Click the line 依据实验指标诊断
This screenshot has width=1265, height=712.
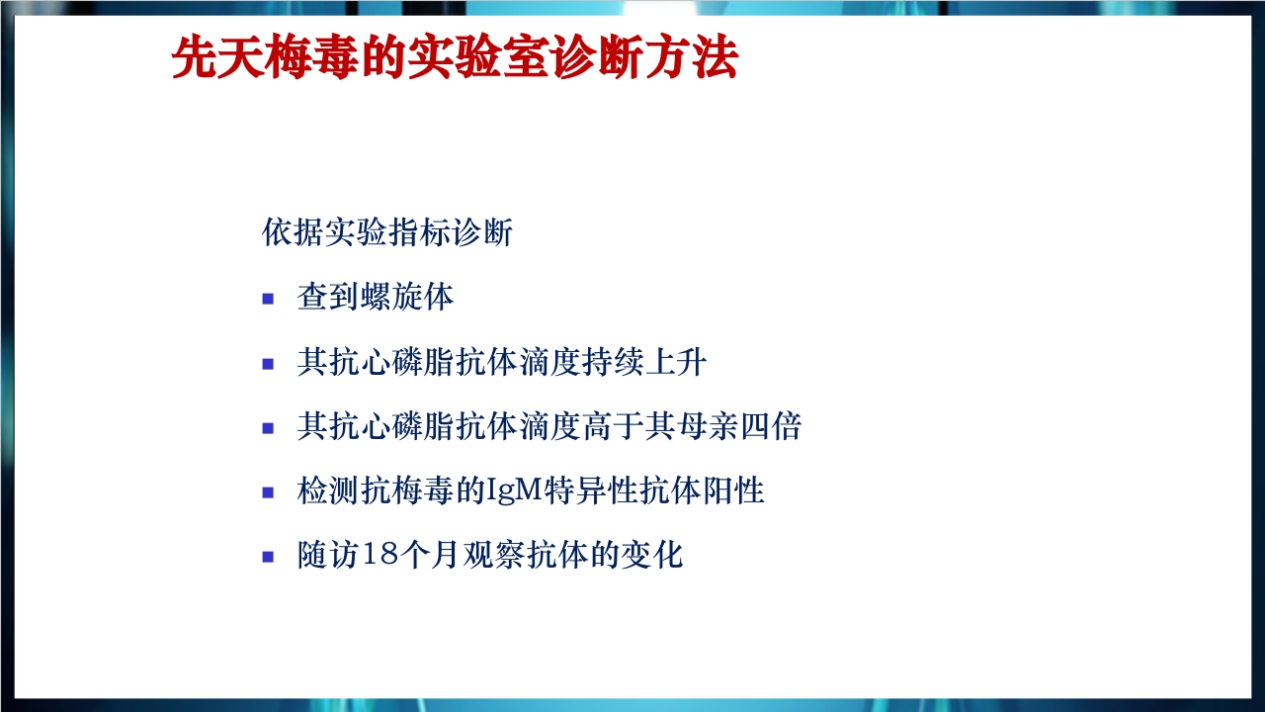pos(387,233)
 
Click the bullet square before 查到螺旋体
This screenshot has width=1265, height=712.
pos(268,299)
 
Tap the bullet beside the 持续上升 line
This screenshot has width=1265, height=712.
pos(268,364)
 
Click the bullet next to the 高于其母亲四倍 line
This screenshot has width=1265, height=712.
pos(268,428)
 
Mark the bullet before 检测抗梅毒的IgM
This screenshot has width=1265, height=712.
pos(268,492)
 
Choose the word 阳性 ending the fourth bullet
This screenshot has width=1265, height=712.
pos(738,491)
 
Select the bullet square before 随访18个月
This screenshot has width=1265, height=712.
pos(268,557)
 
